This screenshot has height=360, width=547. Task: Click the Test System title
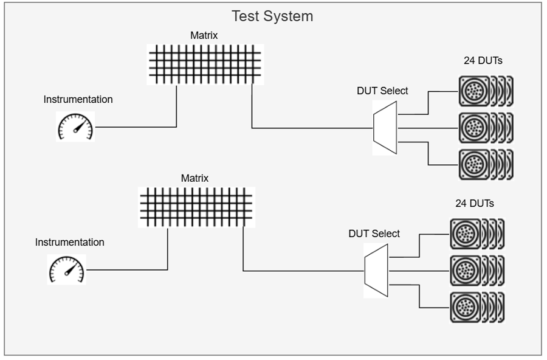coord(272,16)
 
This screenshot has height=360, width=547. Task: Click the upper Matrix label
coord(204,36)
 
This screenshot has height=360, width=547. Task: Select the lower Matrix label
coord(194,178)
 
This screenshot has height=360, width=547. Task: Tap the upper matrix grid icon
coord(206,64)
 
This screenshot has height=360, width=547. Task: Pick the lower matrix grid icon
coord(197,207)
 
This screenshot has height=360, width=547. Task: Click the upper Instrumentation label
coord(78,99)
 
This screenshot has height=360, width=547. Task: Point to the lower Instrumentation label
coord(69,242)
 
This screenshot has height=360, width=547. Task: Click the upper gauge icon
coord(75,127)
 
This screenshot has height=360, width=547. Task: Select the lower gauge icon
coord(67,270)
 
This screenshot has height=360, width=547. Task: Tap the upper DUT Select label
coord(382,91)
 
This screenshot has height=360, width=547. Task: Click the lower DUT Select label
coord(374,234)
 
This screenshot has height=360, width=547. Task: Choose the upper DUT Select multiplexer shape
coord(385,128)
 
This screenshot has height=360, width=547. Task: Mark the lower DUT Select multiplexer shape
coord(376,271)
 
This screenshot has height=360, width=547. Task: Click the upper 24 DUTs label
coord(483,60)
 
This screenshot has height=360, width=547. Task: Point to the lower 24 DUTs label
coord(475,203)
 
